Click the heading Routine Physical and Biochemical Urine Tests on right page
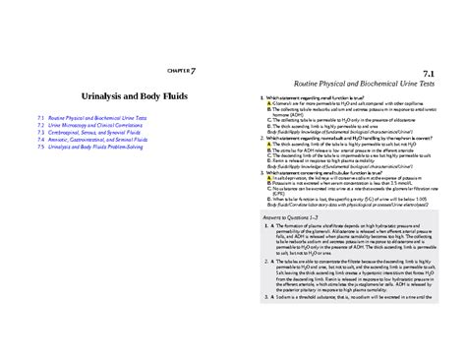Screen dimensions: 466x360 377,82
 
